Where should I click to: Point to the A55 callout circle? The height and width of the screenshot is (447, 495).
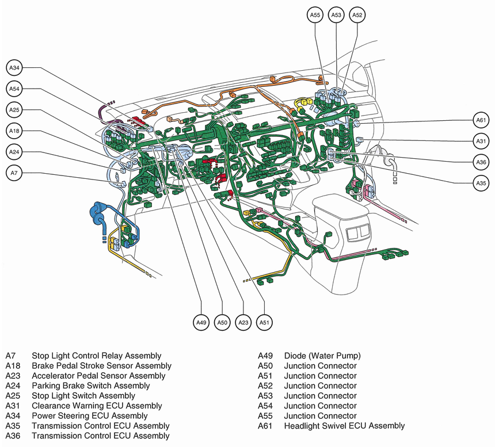coord(315,16)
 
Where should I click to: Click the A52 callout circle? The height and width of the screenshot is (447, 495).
coord(357,16)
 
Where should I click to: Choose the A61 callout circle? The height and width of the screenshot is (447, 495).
coord(481,120)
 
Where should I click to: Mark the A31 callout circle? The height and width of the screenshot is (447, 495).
coord(481,141)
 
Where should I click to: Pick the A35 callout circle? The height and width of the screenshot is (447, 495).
coord(481,183)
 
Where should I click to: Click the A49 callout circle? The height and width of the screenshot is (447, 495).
coord(201,323)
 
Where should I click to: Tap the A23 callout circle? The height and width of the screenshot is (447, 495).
coord(243,323)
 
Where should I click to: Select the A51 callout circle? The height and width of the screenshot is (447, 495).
coord(264,323)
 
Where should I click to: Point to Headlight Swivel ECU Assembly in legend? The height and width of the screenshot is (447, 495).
coord(344,426)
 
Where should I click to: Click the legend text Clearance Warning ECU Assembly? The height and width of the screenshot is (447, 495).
coord(97,406)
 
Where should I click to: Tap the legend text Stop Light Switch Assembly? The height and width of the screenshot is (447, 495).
coord(83,396)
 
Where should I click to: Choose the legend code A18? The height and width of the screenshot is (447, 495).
coord(13,366)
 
